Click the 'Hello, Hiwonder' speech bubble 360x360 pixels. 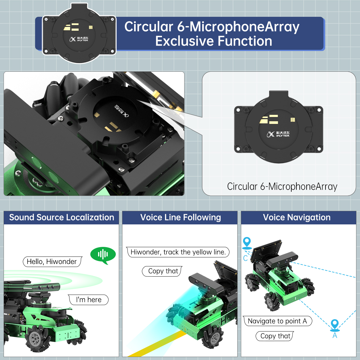(52, 262)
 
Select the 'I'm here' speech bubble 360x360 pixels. (88, 300)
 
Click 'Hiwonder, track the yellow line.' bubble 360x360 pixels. (178, 252)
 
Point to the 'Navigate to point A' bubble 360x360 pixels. (277, 321)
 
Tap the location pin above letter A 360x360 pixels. (334, 325)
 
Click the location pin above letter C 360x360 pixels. (247, 243)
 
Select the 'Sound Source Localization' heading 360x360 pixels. (62, 217)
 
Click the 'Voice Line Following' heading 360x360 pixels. (181, 217)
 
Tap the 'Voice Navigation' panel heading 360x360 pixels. (297, 217)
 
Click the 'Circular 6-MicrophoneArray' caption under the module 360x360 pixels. (282, 186)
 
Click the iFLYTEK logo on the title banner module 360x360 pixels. (79, 39)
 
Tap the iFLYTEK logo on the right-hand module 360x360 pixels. (278, 134)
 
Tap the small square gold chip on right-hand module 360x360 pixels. (293, 120)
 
